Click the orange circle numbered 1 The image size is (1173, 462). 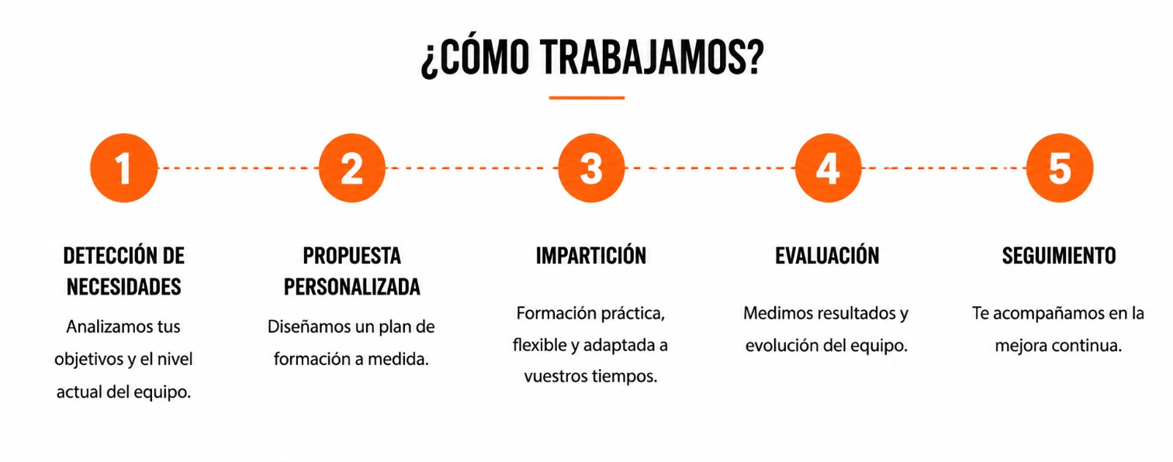pos(123,168)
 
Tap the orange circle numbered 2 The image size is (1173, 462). pos(352,168)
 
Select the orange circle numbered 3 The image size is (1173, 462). pos(591,168)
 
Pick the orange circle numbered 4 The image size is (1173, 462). pos(828,168)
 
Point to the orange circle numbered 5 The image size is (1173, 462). pos(1060,168)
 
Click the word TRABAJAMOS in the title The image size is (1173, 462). pos(652,57)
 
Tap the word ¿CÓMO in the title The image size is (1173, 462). pos(475,57)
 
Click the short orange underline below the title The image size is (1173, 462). pos(586,98)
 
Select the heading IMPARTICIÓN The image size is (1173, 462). pos(590,255)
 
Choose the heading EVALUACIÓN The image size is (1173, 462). pos(827,255)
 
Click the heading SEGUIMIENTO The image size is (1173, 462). pos(1059,256)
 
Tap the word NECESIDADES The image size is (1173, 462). pos(123,287)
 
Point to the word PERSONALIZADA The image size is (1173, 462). pos(352,287)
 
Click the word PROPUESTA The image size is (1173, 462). pos(352,256)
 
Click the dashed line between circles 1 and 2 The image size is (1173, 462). pos(237,168)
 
